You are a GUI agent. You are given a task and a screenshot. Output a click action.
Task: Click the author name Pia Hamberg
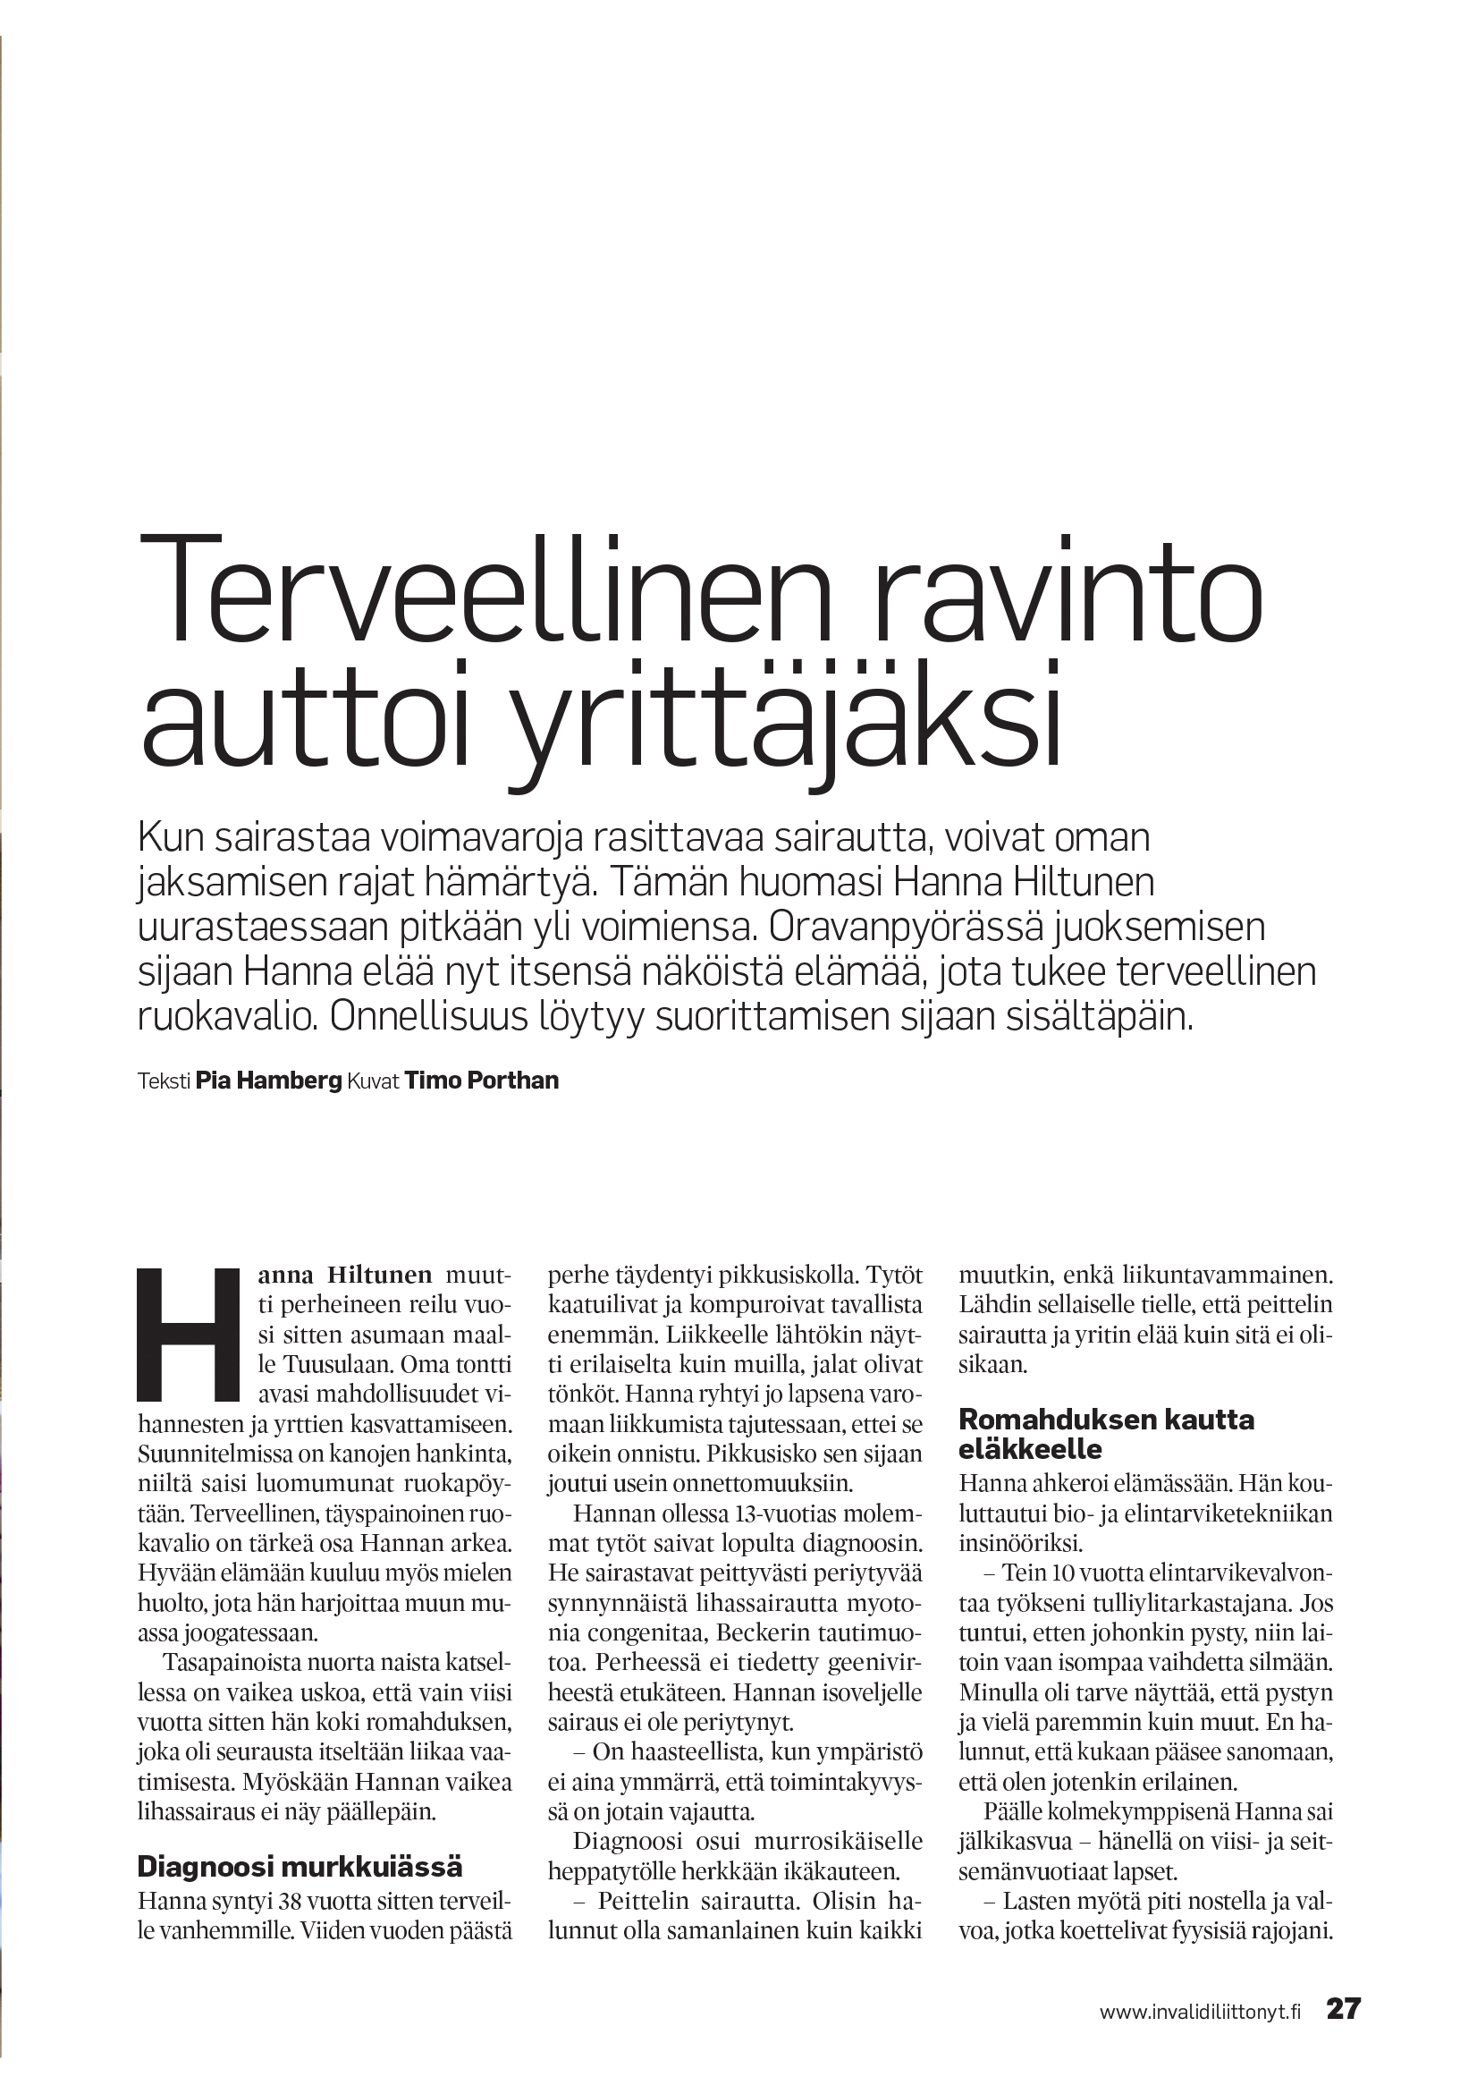tap(268, 1081)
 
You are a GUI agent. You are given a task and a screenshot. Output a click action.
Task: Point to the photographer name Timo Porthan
tap(481, 1081)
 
